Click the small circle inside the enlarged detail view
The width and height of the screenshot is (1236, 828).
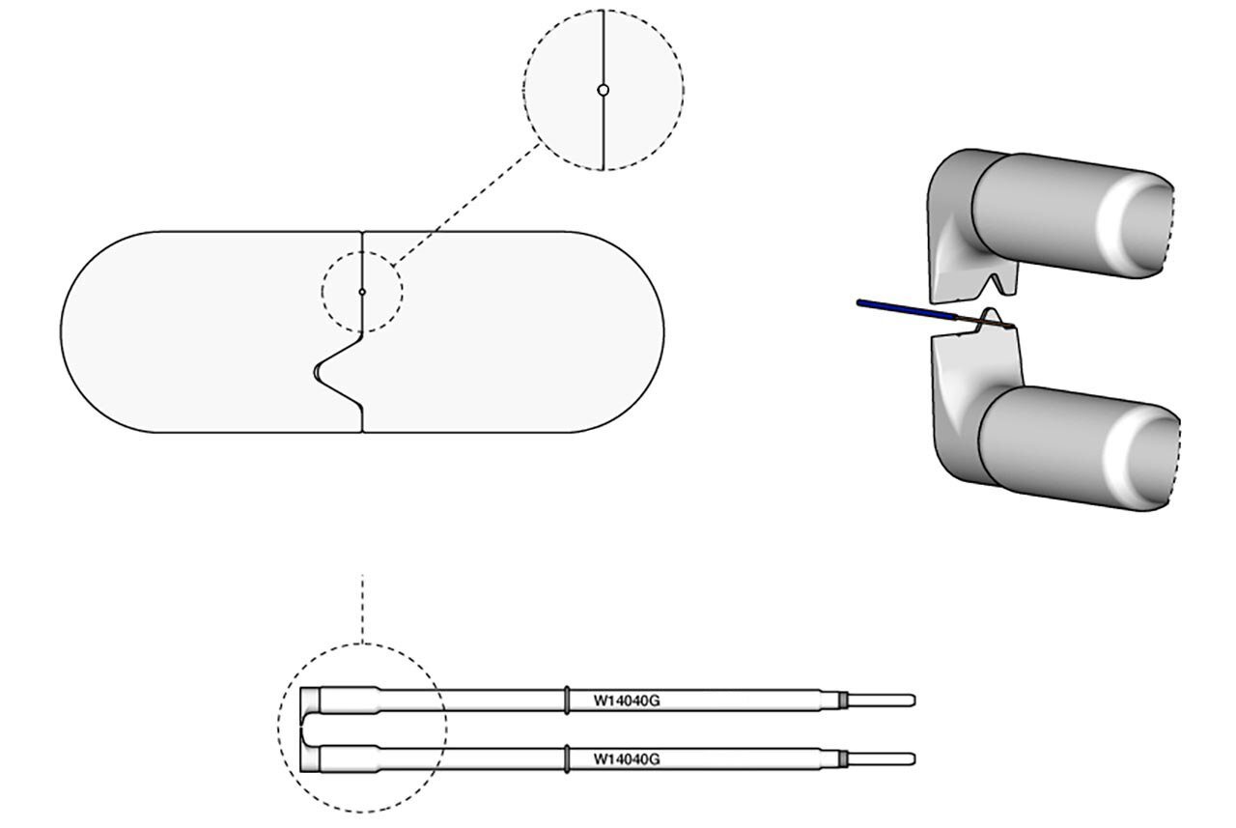pos(604,90)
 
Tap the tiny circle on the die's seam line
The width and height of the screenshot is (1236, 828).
pos(362,291)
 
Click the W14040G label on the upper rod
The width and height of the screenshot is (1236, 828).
pos(627,700)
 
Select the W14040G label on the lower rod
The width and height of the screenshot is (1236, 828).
pos(627,758)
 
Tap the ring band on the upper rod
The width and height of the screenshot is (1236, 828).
pos(567,700)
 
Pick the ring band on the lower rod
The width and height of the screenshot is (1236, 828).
pos(567,758)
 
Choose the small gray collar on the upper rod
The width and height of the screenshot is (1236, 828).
pos(842,700)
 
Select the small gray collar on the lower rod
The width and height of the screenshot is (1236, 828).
pos(842,758)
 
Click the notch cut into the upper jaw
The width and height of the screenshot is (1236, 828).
pos(988,286)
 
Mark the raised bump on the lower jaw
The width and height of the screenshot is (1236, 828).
pos(992,316)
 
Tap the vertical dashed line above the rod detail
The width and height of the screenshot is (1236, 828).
pos(362,609)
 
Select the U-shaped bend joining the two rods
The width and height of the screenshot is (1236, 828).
pos(305,729)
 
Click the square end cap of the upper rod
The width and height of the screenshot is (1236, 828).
pos(309,700)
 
